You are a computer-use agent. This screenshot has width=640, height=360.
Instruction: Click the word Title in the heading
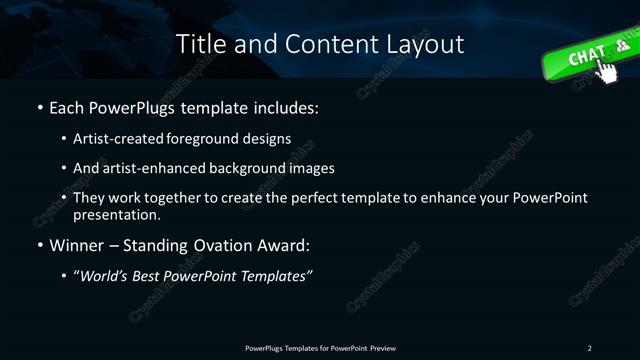pos(199,45)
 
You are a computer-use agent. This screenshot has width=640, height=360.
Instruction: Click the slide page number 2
pos(589,347)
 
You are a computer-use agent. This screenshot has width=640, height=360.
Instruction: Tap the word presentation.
pos(117,214)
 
